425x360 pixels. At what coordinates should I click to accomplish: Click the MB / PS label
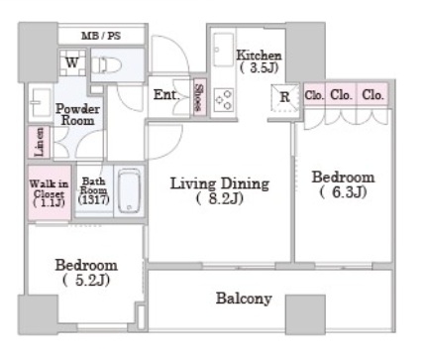tap(101, 36)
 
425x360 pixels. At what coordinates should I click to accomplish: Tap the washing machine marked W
tap(72, 62)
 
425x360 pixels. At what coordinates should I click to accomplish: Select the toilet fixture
tap(106, 65)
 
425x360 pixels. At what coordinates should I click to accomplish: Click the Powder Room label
tap(77, 114)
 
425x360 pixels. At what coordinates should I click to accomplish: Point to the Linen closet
tap(39, 142)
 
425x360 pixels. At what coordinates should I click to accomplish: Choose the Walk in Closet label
tap(49, 193)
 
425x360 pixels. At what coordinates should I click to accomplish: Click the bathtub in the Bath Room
tap(129, 191)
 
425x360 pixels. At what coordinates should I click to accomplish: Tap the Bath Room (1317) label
tap(94, 190)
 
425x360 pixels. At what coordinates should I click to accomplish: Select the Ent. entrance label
tap(166, 95)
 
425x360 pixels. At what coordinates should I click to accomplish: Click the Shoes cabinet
tap(199, 97)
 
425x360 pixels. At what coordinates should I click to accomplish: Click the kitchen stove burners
tap(224, 100)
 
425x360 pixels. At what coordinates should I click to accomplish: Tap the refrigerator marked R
tap(284, 97)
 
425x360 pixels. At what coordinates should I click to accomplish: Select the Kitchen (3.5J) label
tap(259, 61)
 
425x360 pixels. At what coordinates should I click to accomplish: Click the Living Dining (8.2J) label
tap(220, 190)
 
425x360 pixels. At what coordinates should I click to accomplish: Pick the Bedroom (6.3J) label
tap(344, 184)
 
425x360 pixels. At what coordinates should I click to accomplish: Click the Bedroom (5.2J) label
tap(86, 273)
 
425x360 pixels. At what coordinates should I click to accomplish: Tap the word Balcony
tap(244, 299)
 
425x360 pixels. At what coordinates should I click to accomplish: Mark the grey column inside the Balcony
tap(305, 314)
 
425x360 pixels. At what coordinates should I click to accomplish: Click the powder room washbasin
tap(41, 102)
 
